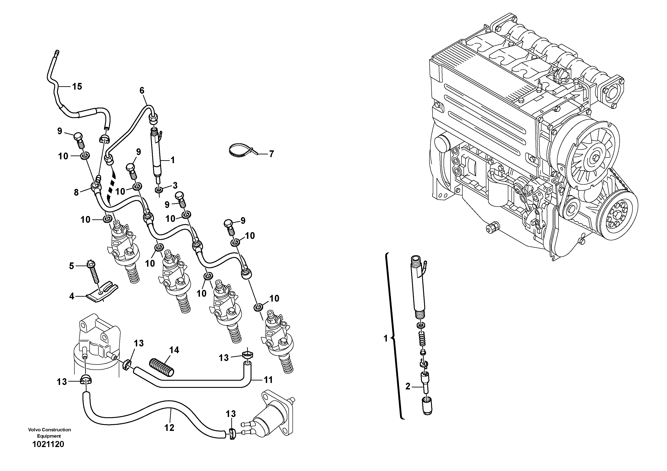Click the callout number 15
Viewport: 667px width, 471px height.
(77, 86)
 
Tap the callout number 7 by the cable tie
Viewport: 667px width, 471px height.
(271, 154)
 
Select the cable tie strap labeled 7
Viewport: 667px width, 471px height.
(240, 150)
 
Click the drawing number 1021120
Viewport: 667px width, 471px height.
(48, 444)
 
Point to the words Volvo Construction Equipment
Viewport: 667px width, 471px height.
(49, 433)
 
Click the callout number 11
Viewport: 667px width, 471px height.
(268, 380)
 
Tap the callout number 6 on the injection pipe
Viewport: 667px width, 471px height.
(142, 91)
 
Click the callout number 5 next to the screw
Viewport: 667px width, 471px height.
(71, 266)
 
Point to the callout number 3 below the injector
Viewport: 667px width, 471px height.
(175, 185)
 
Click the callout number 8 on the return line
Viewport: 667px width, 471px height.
(76, 192)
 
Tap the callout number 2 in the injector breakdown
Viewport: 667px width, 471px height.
(408, 387)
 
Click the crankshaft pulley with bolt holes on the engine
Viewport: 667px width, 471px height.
(619, 214)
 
